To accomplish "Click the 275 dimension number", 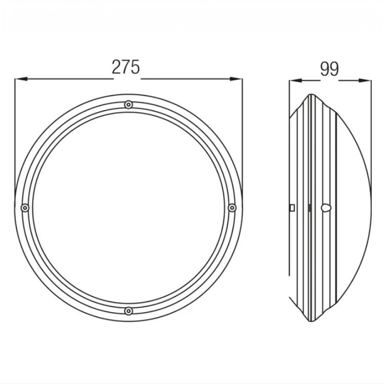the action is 126,67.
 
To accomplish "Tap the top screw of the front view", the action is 128,105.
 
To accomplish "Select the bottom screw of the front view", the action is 128,311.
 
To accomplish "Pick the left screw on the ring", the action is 25,208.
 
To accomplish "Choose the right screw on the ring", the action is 232,208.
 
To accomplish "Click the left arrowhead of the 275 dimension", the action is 21,79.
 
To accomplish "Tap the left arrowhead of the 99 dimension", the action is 295,81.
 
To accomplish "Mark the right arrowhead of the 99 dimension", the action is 365,81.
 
